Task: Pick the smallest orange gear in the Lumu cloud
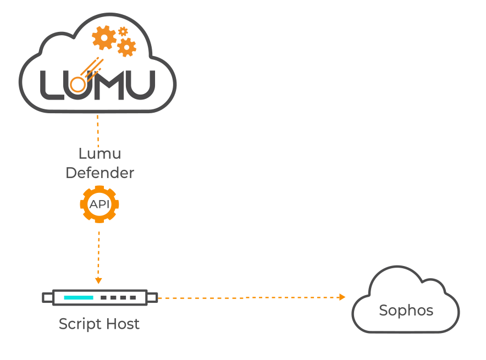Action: point(123,31)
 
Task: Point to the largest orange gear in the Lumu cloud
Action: point(104,38)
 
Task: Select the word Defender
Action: point(100,173)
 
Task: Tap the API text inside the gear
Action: point(100,204)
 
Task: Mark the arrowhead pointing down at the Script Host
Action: point(98,280)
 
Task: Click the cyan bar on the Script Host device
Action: point(78,297)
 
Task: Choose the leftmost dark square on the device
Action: point(104,297)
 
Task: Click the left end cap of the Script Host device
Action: point(48,297)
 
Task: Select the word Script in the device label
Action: point(77,324)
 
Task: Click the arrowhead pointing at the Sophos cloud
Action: point(342,297)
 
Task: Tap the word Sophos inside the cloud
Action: point(406,311)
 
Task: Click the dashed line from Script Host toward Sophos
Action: point(247,297)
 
